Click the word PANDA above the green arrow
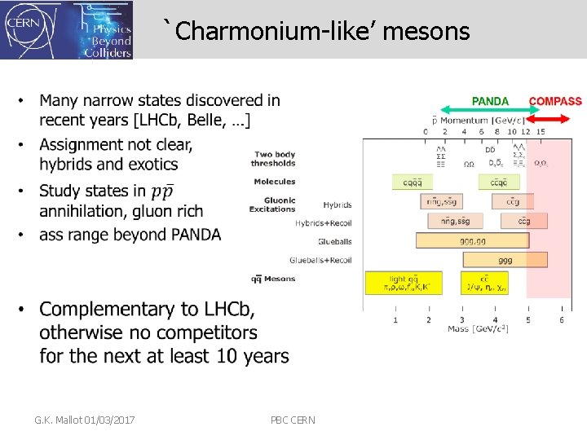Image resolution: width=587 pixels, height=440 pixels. click(x=490, y=102)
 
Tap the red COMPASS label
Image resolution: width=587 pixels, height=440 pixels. click(x=555, y=102)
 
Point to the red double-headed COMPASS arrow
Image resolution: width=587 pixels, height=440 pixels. click(x=545, y=112)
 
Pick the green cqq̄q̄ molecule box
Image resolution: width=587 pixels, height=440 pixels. click(x=412, y=183)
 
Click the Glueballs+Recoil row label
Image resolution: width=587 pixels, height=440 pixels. click(x=320, y=260)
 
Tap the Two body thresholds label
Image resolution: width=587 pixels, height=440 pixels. click(x=274, y=158)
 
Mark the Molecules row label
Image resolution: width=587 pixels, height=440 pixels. click(x=275, y=181)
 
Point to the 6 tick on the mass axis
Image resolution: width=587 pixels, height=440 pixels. click(x=562, y=319)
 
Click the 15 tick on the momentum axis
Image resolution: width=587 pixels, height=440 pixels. click(x=540, y=131)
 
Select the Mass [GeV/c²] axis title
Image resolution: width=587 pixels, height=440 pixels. click(x=479, y=329)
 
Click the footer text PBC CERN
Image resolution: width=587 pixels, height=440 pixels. click(x=293, y=420)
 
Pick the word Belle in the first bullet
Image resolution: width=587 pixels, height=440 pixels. click(x=195, y=121)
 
